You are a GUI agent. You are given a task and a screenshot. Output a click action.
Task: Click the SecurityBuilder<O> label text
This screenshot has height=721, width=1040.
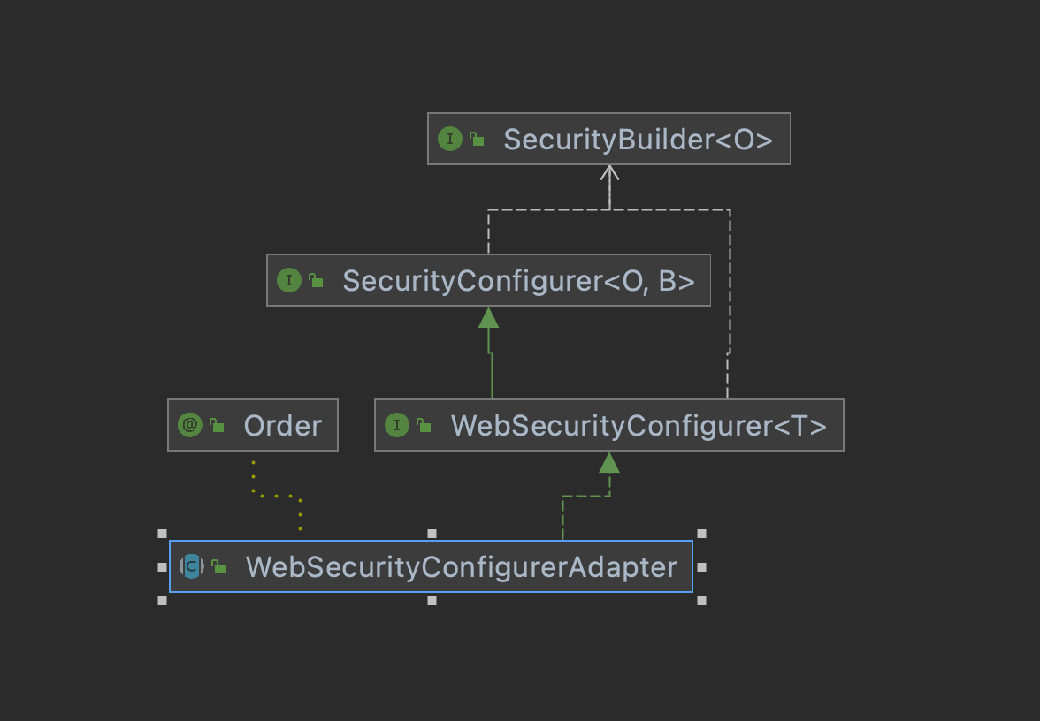pyautogui.click(x=638, y=140)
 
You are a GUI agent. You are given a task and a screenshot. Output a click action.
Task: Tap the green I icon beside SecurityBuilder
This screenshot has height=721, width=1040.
pyautogui.click(x=449, y=139)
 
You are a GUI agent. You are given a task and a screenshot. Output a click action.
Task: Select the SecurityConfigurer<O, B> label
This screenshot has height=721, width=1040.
pyautogui.click(x=518, y=281)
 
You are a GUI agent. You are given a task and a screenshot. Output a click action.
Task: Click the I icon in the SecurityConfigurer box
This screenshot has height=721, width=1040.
pyautogui.click(x=288, y=281)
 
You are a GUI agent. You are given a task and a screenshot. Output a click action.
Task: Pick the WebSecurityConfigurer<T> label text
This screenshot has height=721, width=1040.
pyautogui.click(x=639, y=426)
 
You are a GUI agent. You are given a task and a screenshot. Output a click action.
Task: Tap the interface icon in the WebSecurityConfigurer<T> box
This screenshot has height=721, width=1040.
pyautogui.click(x=396, y=426)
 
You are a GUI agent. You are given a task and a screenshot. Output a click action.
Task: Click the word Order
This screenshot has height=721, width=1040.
pyautogui.click(x=282, y=426)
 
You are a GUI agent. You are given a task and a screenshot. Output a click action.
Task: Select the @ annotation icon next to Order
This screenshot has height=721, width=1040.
pyautogui.click(x=189, y=426)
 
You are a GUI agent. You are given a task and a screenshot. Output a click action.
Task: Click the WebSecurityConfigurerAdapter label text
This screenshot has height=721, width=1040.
pyautogui.click(x=461, y=566)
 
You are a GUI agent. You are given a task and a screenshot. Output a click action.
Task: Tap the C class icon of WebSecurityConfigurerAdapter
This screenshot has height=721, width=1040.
pyautogui.click(x=191, y=566)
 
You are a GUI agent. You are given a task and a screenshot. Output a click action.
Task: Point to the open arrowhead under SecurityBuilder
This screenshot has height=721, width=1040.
pyautogui.click(x=609, y=172)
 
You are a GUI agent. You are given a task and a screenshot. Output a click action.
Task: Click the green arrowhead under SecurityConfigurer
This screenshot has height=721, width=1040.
pyautogui.click(x=489, y=317)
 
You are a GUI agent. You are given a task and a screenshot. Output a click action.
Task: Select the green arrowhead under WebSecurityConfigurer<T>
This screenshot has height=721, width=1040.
pyautogui.click(x=608, y=462)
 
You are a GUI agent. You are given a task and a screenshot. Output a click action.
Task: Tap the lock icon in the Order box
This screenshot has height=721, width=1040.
pyautogui.click(x=216, y=427)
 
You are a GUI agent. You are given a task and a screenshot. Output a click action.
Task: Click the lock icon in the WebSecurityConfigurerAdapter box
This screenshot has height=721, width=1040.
pyautogui.click(x=218, y=567)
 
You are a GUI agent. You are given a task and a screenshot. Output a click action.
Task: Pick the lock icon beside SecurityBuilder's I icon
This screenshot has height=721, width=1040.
pyautogui.click(x=477, y=140)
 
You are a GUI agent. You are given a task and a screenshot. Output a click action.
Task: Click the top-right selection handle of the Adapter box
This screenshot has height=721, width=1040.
pyautogui.click(x=701, y=534)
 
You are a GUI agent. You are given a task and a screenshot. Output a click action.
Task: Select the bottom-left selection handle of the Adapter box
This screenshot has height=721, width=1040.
pyautogui.click(x=162, y=601)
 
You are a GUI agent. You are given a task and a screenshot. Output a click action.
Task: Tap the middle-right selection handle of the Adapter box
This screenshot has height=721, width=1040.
pyautogui.click(x=701, y=566)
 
